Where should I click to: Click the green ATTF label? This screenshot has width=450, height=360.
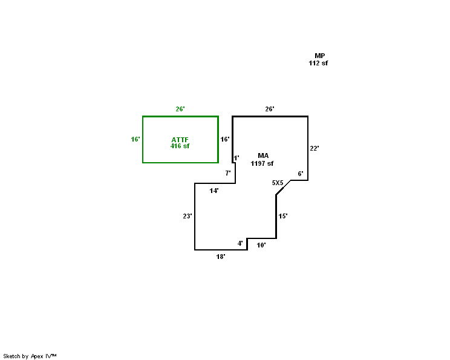click(180, 140)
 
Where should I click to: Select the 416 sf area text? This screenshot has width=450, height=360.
click(180, 146)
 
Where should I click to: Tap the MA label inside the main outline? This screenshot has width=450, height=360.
click(262, 156)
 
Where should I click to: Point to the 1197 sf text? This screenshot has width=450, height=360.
click(262, 163)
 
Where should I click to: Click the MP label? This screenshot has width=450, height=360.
click(319, 56)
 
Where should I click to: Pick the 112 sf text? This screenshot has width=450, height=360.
click(319, 63)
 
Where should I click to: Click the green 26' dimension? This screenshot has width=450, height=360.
click(180, 109)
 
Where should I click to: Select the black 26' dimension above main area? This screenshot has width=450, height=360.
click(270, 109)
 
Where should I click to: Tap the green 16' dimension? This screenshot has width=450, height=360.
click(135, 139)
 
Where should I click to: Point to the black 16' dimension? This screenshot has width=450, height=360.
click(225, 139)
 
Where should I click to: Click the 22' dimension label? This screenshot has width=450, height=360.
click(315, 148)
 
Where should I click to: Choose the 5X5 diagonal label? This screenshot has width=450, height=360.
click(278, 182)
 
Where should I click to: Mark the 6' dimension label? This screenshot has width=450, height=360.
click(301, 174)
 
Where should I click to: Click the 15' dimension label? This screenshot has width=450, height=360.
click(283, 216)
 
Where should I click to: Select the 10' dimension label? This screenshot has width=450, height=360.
click(261, 245)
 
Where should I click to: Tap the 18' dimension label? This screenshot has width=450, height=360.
click(221, 257)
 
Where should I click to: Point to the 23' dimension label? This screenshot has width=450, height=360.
click(187, 216)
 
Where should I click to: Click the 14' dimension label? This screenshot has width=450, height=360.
click(214, 191)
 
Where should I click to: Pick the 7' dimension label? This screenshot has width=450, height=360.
click(228, 173)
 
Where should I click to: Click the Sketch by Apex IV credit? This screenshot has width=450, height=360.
click(30, 356)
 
